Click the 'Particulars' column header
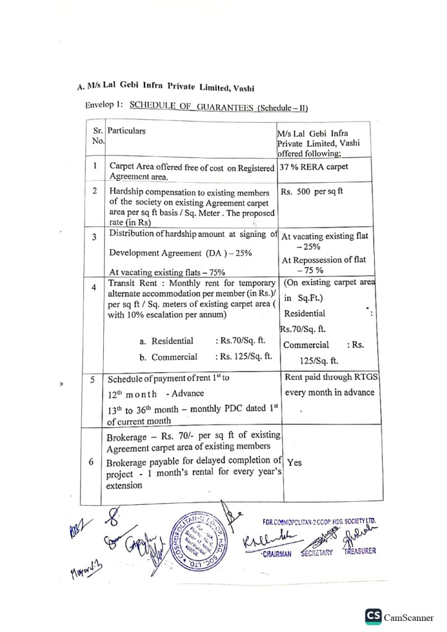tap(127, 131)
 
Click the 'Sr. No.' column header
tap(98, 136)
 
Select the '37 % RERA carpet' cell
tap(314, 167)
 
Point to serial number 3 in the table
tap(95, 237)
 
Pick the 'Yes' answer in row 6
tap(295, 463)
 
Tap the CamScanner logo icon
tap(373, 616)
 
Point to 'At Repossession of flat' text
tap(324, 260)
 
